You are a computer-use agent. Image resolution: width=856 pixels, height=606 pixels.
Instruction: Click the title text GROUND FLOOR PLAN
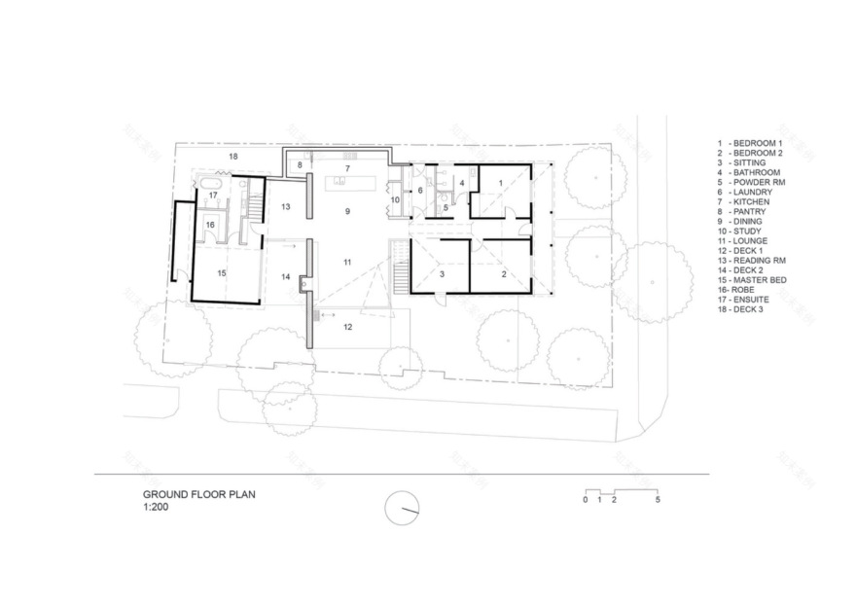tap(198, 494)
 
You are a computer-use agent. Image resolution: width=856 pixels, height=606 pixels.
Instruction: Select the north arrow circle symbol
tap(402, 508)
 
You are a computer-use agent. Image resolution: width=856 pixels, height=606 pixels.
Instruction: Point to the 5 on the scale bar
tap(659, 500)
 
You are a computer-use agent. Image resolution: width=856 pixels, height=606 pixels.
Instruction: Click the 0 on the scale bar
tap(586, 500)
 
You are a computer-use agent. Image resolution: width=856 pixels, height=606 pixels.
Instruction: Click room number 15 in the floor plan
tap(221, 274)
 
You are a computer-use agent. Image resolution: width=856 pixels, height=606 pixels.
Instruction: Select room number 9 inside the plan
tap(346, 210)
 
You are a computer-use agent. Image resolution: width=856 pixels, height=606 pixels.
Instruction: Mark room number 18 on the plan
tap(232, 156)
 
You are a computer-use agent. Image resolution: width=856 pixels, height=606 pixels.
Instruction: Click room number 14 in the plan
tap(286, 277)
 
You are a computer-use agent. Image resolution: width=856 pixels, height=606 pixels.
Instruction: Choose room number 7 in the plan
tap(346, 168)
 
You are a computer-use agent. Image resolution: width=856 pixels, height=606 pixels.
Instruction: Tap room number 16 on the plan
tap(210, 225)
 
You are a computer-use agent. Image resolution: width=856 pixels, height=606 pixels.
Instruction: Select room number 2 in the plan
tap(503, 275)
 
